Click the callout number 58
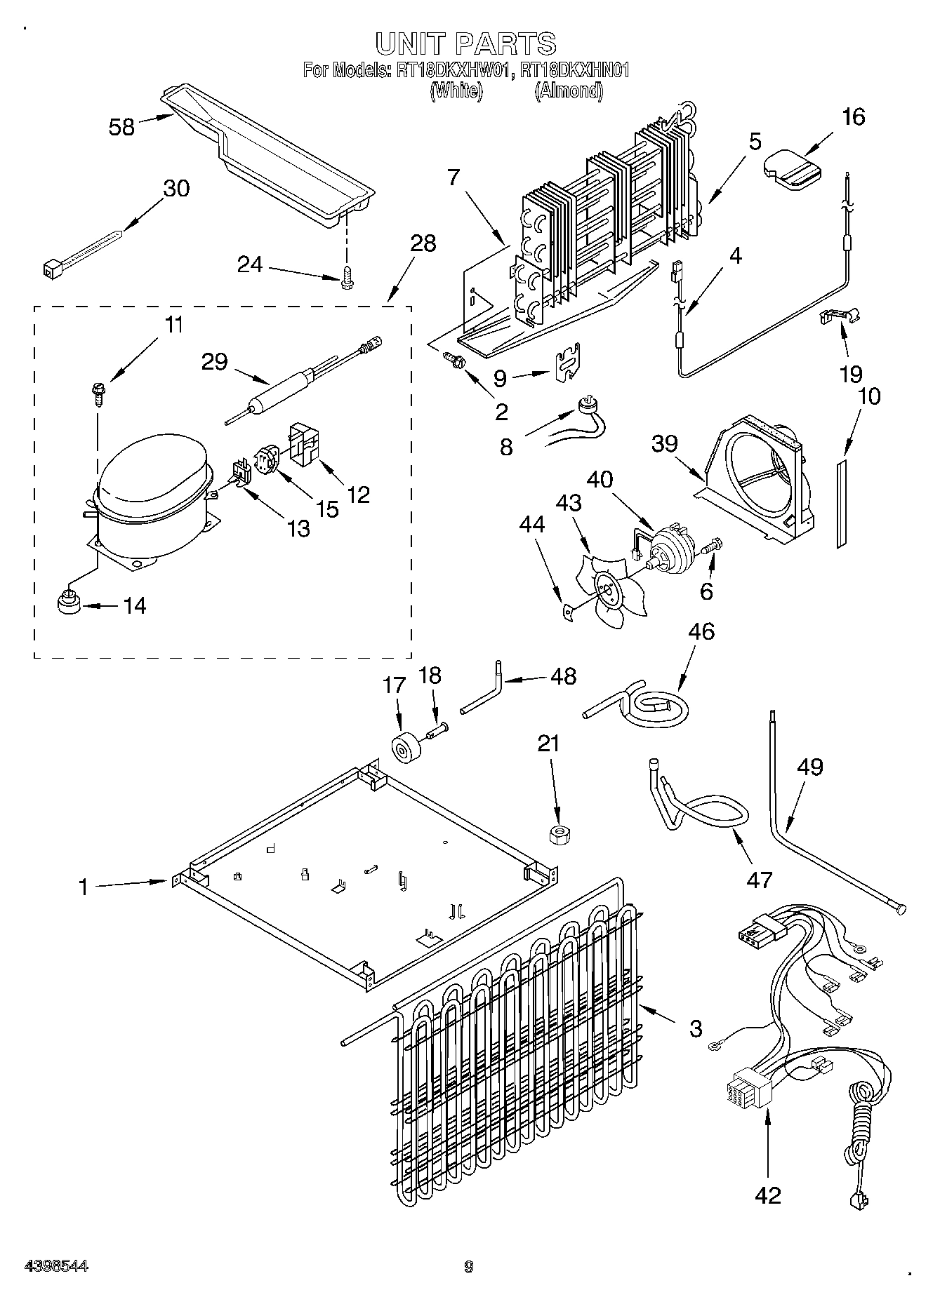(x=121, y=127)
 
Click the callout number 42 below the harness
(x=767, y=1195)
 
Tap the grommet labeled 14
(x=68, y=603)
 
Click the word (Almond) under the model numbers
(x=568, y=90)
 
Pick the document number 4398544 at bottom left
(x=57, y=1265)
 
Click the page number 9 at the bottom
(x=469, y=1266)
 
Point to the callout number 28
(x=423, y=243)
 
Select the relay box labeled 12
(x=304, y=445)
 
